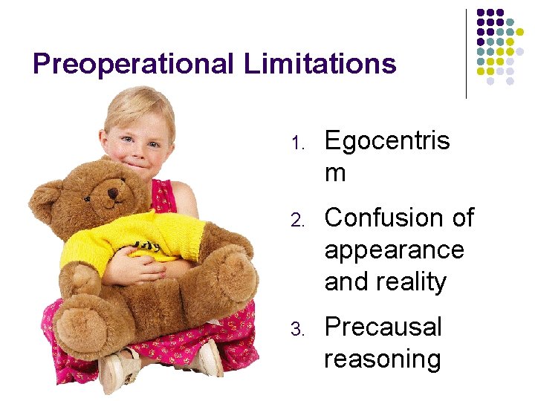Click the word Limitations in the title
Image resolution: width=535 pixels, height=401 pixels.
320,64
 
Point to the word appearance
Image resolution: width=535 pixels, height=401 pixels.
394,250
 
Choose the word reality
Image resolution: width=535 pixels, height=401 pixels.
412,282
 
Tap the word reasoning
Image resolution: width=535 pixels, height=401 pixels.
382,359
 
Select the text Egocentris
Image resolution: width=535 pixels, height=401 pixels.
387,140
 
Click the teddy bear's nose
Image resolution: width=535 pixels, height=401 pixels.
113,195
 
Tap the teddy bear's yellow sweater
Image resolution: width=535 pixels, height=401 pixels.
134,238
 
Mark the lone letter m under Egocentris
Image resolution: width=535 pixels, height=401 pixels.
335,173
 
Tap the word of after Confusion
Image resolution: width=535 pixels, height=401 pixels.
462,218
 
